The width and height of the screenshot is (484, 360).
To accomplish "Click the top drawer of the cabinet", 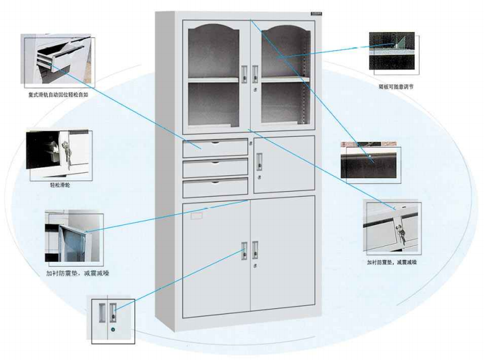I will tap(215, 148).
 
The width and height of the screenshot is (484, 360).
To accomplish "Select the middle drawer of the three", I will tap(215, 168).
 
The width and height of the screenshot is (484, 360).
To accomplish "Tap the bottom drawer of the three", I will tap(215, 188).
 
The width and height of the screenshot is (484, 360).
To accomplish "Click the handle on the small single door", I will tap(259, 161).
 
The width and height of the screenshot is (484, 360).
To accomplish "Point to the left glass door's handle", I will tap(244, 75).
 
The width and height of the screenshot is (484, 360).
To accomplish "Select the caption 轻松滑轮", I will tap(61, 186).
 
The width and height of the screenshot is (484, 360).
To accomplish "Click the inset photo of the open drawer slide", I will tap(59, 61).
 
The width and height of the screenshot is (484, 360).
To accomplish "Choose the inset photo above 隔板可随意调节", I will tap(392, 52).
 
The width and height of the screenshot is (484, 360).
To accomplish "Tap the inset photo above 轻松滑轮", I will tap(59, 155).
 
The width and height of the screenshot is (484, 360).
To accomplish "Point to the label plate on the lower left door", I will tap(198, 216).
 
